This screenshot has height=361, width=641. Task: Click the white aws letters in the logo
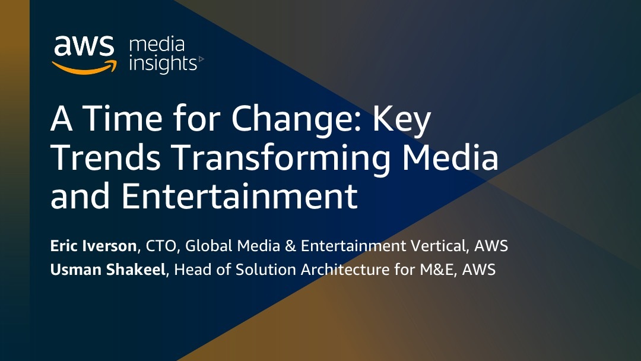[84, 45]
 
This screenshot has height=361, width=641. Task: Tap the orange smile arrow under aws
[84, 68]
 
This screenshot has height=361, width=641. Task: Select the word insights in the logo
[163, 64]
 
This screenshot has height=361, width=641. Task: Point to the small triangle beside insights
[201, 60]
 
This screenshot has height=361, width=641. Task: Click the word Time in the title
[123, 118]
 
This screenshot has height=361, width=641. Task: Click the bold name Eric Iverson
[93, 246]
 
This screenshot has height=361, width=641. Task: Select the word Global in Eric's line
[208, 246]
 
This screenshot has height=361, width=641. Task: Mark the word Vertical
[439, 246]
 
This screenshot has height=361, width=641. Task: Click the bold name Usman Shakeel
[108, 270]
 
